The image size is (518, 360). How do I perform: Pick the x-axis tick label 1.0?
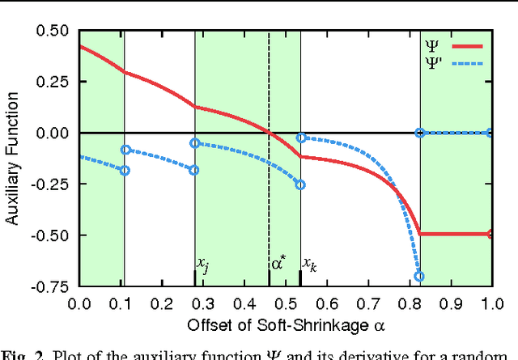click(x=491, y=303)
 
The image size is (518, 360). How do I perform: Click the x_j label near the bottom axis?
click(x=203, y=263)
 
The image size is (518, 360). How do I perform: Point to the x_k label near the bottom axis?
click(x=309, y=263)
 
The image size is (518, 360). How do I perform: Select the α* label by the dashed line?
click(x=278, y=262)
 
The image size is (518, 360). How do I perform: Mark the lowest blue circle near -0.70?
click(x=419, y=277)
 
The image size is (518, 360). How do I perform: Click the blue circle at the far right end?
click(x=490, y=133)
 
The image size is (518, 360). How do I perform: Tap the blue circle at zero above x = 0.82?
click(x=419, y=133)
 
